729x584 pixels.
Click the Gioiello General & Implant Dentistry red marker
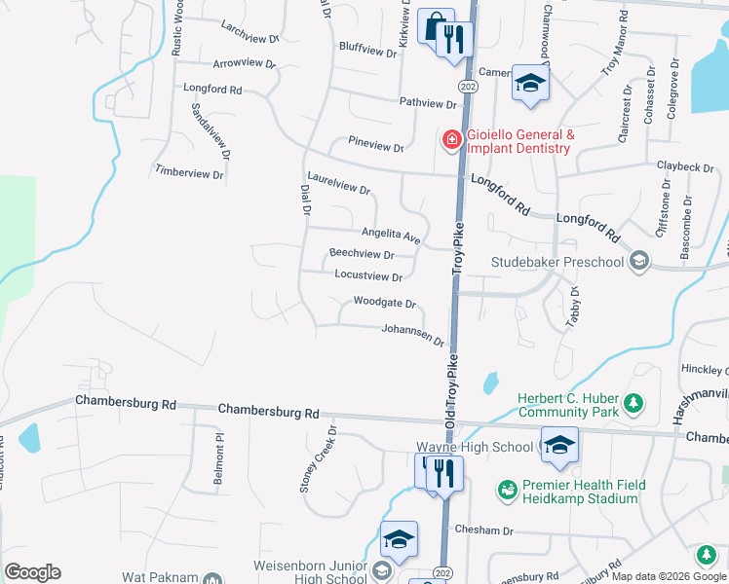(x=451, y=141)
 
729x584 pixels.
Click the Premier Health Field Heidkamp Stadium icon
(x=507, y=489)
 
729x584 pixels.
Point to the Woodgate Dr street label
(x=384, y=303)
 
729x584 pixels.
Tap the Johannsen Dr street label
(x=412, y=335)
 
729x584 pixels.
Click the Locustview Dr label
(x=368, y=276)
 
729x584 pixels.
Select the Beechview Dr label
(x=362, y=253)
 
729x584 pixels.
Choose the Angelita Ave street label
(x=390, y=235)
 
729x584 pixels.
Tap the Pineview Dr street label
(x=375, y=147)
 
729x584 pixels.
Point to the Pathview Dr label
(x=428, y=102)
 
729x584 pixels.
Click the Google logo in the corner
(x=32, y=572)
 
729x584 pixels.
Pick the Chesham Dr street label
(x=483, y=530)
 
